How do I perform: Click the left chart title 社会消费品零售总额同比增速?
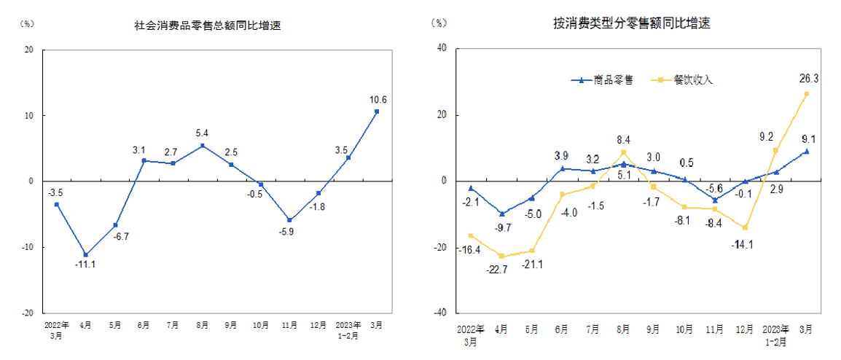208,26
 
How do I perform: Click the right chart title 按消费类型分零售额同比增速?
631,23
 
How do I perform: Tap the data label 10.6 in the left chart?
378,100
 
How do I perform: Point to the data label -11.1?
85,263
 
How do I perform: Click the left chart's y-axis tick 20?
28,50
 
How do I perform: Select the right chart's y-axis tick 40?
441,49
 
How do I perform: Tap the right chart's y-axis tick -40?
439,313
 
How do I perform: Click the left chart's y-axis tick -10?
27,247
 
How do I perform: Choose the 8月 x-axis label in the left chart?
202,324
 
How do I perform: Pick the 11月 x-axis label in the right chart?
714,329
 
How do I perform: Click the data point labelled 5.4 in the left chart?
202,146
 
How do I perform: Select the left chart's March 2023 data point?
377,111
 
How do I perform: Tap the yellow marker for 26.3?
806,94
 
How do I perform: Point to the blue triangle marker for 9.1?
806,151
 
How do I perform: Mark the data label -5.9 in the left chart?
289,232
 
